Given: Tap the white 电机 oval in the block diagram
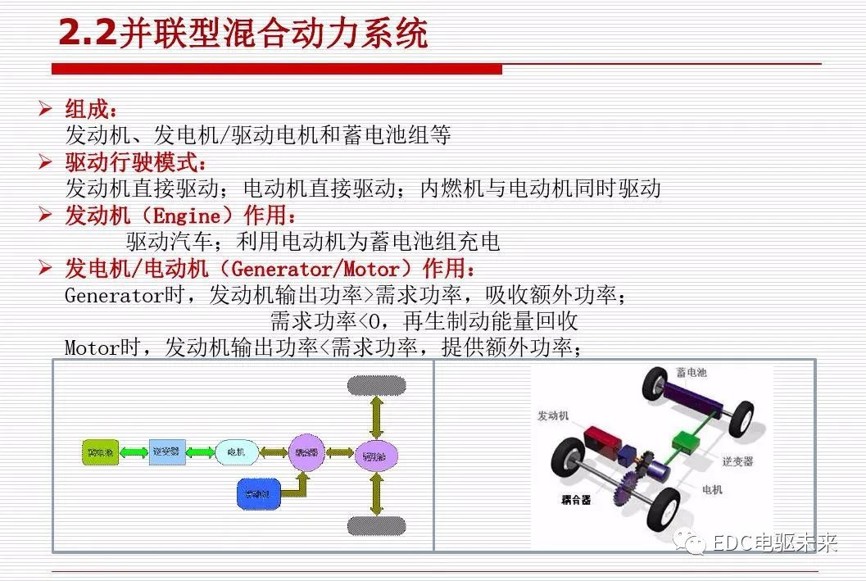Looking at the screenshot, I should pos(237,451).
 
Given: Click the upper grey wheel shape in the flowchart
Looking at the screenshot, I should pos(376,384).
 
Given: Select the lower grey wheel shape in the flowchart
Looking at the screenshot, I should pos(376,524).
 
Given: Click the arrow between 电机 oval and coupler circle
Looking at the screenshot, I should pos(273,451).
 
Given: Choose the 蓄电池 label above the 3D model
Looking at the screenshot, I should pos(691,374).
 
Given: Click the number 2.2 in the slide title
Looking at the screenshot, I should pos(87,34).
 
